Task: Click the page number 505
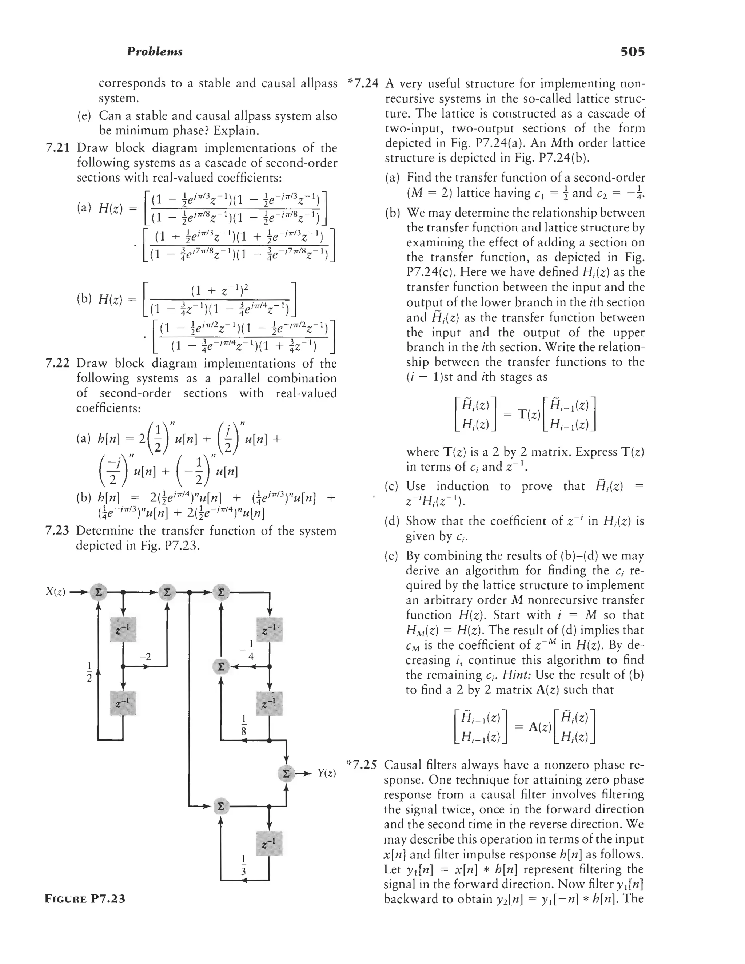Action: pos(633,52)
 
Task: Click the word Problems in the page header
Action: pos(155,52)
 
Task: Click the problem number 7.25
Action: pos(362,765)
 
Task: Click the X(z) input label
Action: pos(56,591)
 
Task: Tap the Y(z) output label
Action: pos(327,773)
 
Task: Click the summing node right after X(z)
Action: pos(98,592)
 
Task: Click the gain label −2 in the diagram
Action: pos(145,657)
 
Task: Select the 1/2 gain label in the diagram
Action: pos(89,671)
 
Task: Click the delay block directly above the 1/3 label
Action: pos(269,844)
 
